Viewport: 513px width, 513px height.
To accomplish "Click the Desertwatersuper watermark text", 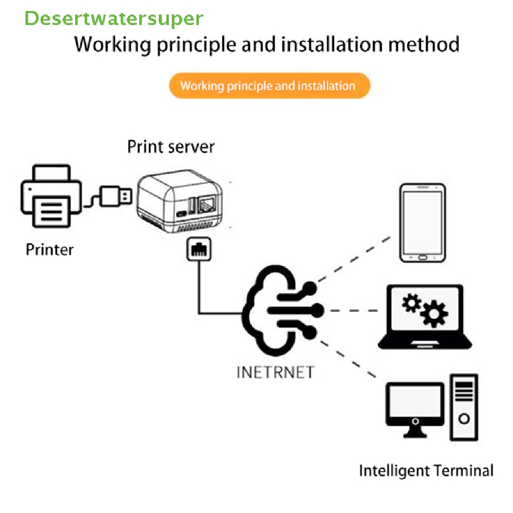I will click(x=114, y=19).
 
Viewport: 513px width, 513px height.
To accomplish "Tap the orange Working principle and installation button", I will click(x=269, y=86).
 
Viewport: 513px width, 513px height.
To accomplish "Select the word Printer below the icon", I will click(x=50, y=249).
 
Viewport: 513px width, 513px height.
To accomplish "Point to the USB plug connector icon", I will click(x=115, y=196).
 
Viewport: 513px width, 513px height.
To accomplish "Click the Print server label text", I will click(x=170, y=147).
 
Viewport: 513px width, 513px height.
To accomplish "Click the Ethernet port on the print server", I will click(x=206, y=205).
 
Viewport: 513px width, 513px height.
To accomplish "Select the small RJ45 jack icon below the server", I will click(x=199, y=249).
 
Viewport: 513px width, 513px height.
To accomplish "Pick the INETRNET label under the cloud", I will click(x=275, y=372).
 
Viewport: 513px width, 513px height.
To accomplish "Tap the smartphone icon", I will click(x=422, y=223).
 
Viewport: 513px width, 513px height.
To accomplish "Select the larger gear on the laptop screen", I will click(x=433, y=314).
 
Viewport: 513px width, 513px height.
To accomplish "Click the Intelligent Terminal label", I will click(x=426, y=471).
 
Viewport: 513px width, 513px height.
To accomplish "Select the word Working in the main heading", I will click(x=112, y=45).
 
